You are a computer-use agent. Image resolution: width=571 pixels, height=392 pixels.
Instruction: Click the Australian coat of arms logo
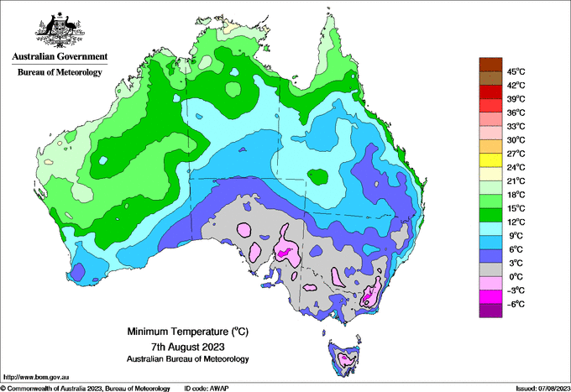tap(60, 30)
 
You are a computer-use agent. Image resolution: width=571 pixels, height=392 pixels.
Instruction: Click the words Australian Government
tap(60, 56)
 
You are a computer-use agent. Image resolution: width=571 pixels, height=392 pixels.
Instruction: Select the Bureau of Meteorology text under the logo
tap(60, 72)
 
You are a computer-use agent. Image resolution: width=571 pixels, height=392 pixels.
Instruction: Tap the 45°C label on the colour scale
tap(516, 71)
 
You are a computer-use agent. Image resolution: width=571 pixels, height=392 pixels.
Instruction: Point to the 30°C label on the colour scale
tap(516, 140)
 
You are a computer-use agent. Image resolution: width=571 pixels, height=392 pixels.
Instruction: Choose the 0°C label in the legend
tap(516, 277)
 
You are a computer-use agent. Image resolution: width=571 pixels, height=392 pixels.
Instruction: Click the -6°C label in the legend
tap(516, 304)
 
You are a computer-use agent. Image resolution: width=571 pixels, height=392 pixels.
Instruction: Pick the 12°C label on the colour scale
tap(516, 222)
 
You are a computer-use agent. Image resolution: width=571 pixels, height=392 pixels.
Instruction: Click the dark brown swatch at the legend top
tap(490, 65)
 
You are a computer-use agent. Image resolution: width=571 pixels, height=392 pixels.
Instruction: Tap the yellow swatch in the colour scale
tap(490, 160)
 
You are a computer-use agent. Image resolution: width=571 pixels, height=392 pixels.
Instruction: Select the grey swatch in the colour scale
tap(490, 269)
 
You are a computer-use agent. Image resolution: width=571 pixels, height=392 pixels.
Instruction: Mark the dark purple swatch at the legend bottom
tap(490, 311)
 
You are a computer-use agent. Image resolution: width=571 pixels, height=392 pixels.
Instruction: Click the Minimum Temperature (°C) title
tap(187, 332)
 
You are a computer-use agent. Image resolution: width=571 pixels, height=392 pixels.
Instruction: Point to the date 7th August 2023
tap(187, 346)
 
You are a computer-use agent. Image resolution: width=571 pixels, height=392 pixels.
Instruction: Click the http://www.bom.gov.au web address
tap(35, 377)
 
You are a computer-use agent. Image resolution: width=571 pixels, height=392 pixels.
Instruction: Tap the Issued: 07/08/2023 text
tap(543, 389)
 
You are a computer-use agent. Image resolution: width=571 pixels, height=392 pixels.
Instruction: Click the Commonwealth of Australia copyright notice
tap(86, 389)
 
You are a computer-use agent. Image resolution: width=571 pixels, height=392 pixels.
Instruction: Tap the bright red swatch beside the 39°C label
tap(490, 91)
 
